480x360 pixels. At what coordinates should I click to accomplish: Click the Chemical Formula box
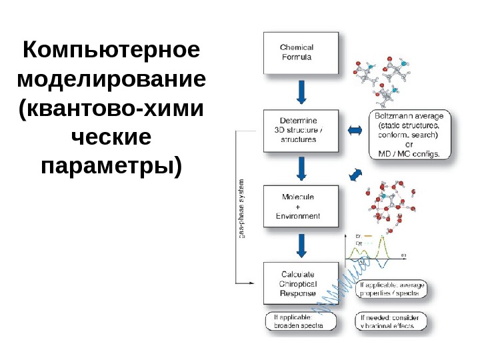click(x=302, y=53)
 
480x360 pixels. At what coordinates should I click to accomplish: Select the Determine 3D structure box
click(x=302, y=131)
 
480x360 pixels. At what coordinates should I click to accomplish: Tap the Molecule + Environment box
click(x=302, y=207)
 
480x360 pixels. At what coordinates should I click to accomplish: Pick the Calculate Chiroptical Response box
click(x=302, y=284)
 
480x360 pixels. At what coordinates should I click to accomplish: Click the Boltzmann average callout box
click(x=410, y=135)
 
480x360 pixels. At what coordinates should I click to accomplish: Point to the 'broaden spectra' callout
click(x=299, y=321)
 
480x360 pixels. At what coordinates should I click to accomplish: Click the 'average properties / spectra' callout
click(x=392, y=289)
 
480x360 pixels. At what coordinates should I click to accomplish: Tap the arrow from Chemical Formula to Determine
click(x=302, y=92)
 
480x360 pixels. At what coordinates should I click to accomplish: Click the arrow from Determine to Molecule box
click(x=302, y=169)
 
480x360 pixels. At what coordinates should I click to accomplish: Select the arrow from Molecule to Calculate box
click(x=302, y=245)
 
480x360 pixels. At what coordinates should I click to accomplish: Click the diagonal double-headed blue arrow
click(x=355, y=174)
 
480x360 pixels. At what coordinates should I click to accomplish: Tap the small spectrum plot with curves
click(x=375, y=252)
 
